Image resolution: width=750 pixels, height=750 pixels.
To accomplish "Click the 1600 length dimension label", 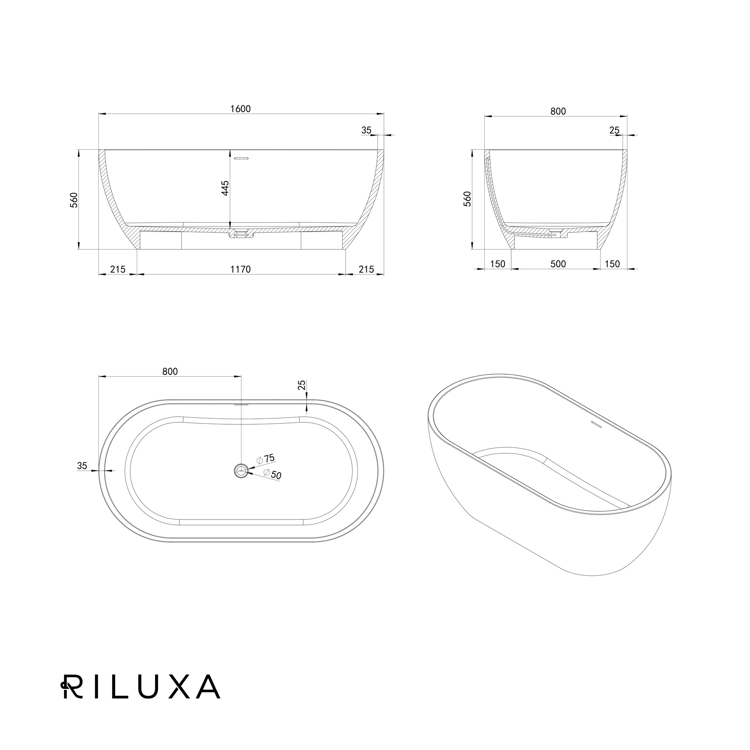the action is click(241, 109).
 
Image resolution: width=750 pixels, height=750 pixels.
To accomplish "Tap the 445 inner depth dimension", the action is click(225, 188).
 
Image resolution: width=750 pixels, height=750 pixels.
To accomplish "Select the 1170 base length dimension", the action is click(241, 269).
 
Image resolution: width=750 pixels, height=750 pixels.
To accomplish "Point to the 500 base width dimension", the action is click(558, 264).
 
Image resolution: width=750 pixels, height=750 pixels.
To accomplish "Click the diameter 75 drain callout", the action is click(266, 459).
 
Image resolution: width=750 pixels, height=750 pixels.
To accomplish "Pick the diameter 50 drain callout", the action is click(273, 474).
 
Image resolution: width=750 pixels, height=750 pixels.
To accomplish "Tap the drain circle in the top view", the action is click(241, 471).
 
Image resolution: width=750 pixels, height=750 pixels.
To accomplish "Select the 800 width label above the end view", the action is click(558, 111).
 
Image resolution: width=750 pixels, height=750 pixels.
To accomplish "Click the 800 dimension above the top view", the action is click(170, 371).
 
